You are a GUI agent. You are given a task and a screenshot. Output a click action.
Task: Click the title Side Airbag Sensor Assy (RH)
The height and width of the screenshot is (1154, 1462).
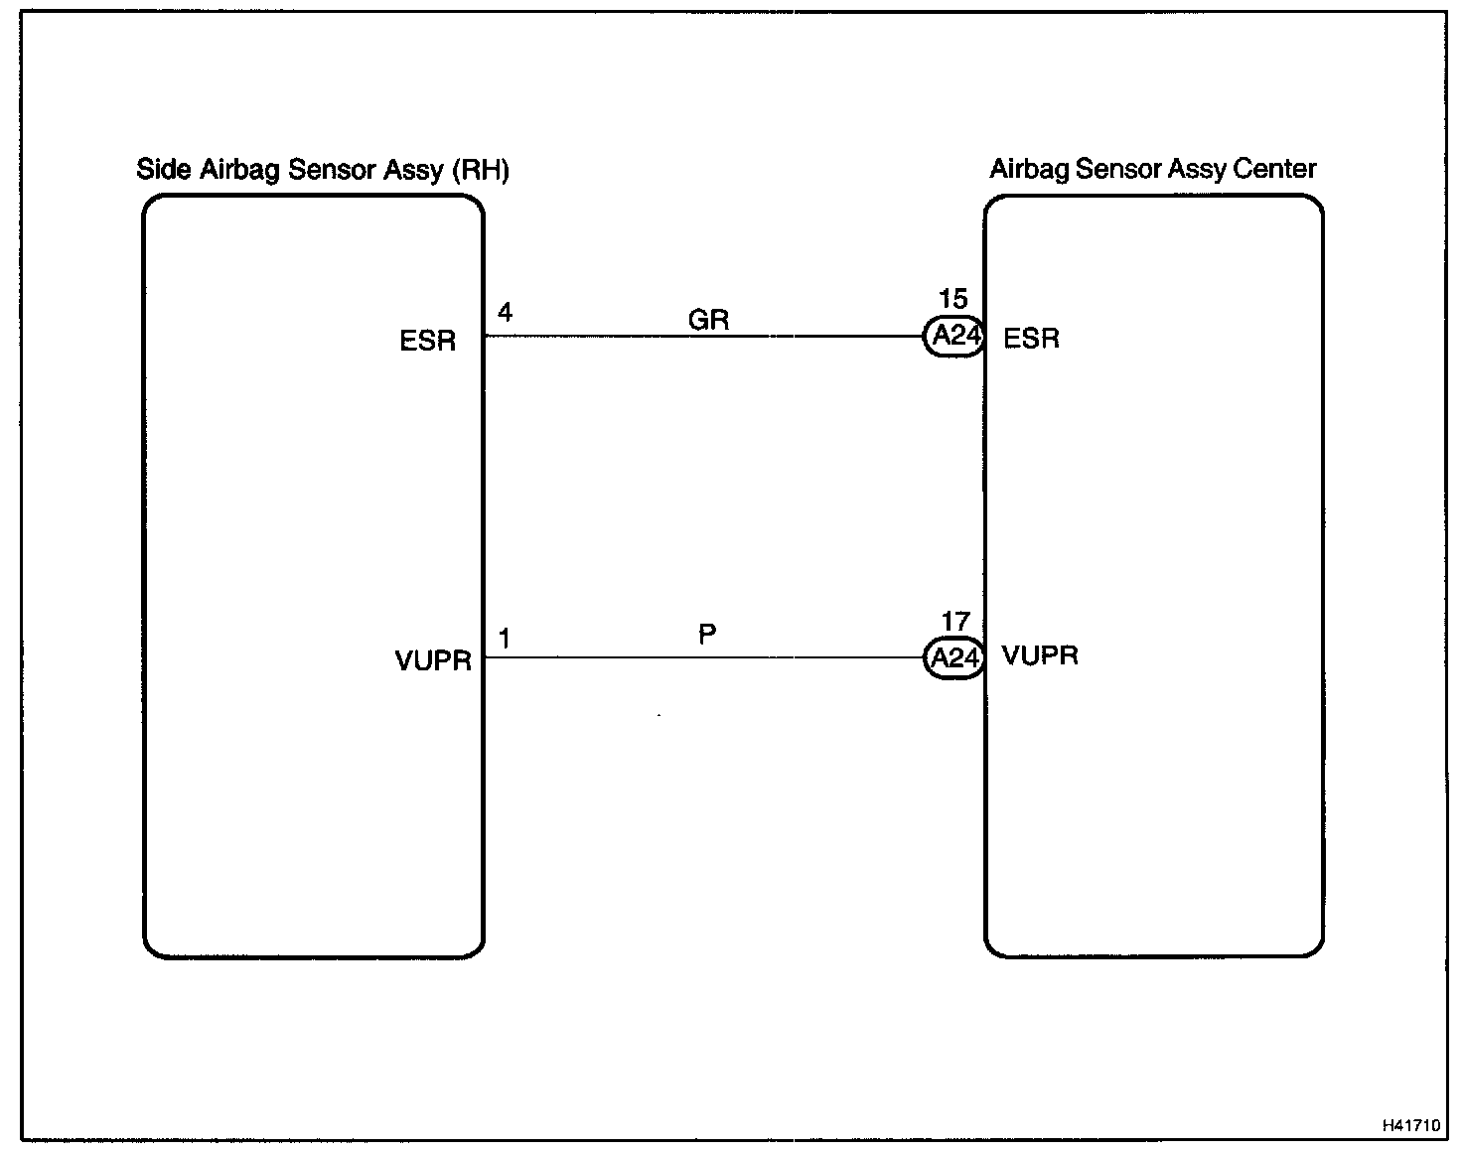(x=323, y=170)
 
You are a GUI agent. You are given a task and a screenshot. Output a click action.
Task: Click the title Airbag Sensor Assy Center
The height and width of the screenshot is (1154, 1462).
(x=1152, y=169)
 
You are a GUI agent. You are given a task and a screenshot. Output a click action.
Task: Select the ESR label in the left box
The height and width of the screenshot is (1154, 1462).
(x=427, y=341)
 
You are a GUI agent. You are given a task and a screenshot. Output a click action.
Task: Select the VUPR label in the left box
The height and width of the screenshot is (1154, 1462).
(x=433, y=660)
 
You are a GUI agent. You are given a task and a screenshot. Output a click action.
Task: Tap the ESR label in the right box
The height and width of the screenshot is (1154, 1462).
(x=1031, y=339)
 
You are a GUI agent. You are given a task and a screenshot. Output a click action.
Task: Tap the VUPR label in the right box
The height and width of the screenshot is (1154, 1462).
(x=1040, y=655)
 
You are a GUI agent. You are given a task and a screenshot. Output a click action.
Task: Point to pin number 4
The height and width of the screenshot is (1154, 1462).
(x=505, y=313)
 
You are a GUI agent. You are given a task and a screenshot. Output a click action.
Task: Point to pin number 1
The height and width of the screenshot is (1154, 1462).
(x=505, y=639)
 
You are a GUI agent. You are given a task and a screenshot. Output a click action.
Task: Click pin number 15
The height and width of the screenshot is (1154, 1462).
(x=952, y=299)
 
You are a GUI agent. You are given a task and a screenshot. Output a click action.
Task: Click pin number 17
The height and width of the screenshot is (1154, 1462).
(x=954, y=622)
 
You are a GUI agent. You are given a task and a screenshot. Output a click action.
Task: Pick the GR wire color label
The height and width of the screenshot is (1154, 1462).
(x=708, y=320)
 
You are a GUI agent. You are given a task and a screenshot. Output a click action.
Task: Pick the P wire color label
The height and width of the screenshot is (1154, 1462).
(x=707, y=635)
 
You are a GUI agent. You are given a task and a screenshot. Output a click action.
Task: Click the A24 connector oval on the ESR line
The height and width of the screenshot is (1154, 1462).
(x=954, y=337)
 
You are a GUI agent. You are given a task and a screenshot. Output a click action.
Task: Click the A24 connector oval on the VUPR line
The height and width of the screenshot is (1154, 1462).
(x=954, y=657)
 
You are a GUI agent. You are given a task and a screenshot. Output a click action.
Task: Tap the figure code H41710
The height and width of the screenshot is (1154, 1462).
(x=1410, y=1125)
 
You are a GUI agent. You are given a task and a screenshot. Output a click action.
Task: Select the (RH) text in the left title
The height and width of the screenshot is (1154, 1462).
(x=480, y=170)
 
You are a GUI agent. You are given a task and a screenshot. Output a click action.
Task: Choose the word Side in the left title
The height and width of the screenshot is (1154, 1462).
(x=164, y=169)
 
